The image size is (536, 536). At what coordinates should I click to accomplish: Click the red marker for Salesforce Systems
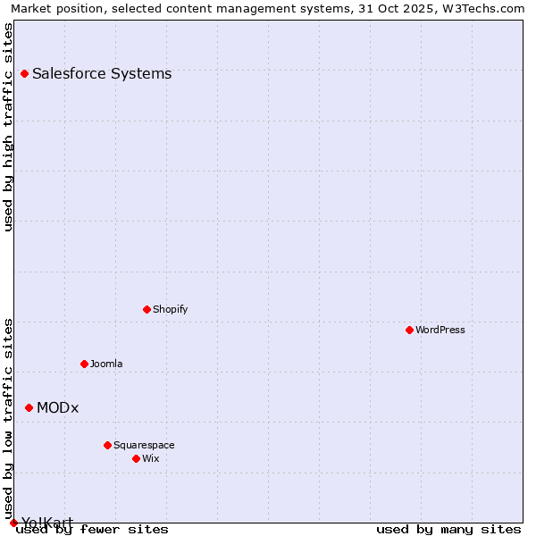pos(24,74)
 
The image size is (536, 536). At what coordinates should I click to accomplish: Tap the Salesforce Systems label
pos(102,74)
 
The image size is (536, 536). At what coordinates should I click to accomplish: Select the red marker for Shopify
pos(147,310)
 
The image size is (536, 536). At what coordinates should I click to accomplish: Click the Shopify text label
pos(170,310)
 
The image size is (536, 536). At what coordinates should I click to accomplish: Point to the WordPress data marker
pos(409,331)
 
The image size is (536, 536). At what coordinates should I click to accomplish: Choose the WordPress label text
pos(440,331)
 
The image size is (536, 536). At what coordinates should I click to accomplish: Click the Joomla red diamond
pos(84,364)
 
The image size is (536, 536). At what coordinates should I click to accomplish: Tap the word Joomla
pos(106,364)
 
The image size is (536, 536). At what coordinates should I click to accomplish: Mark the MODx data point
pos(29,408)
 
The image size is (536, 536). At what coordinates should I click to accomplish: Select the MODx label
pos(58,408)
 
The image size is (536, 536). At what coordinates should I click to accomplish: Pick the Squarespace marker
pos(107,446)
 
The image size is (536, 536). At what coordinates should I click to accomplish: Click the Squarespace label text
pos(144,446)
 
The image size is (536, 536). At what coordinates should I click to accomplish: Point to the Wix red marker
pos(136,459)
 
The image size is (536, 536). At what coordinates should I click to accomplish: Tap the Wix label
pos(151,459)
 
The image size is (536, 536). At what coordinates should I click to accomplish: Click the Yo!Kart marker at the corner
pos(13,523)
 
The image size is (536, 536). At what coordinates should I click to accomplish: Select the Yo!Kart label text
pos(47,523)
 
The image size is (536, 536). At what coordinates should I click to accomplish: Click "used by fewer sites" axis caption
pos(92,530)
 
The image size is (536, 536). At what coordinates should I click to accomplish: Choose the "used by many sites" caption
pos(448,530)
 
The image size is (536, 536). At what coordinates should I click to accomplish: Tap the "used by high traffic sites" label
pos(9,127)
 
